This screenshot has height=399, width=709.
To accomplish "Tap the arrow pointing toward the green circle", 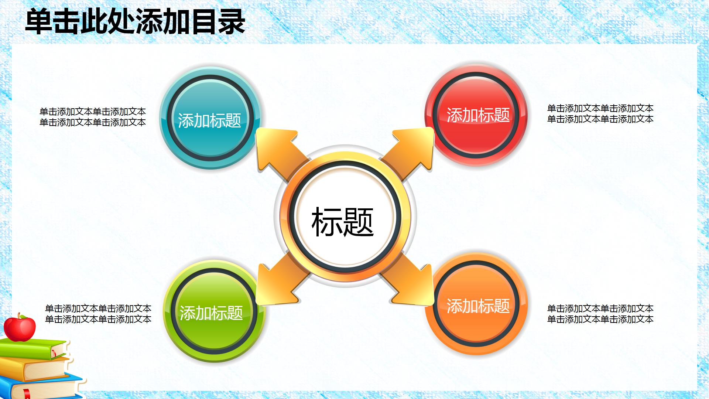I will [279, 283].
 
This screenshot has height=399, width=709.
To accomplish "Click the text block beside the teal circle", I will [93, 117].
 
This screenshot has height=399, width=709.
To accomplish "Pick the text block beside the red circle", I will [600, 113].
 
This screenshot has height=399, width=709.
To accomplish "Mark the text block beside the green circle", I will [98, 314].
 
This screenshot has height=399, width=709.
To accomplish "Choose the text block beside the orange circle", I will [600, 314].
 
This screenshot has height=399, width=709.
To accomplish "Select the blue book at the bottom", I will [44, 386].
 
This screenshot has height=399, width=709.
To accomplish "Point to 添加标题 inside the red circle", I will [478, 115].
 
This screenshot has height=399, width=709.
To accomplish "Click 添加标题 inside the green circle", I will [211, 313].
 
